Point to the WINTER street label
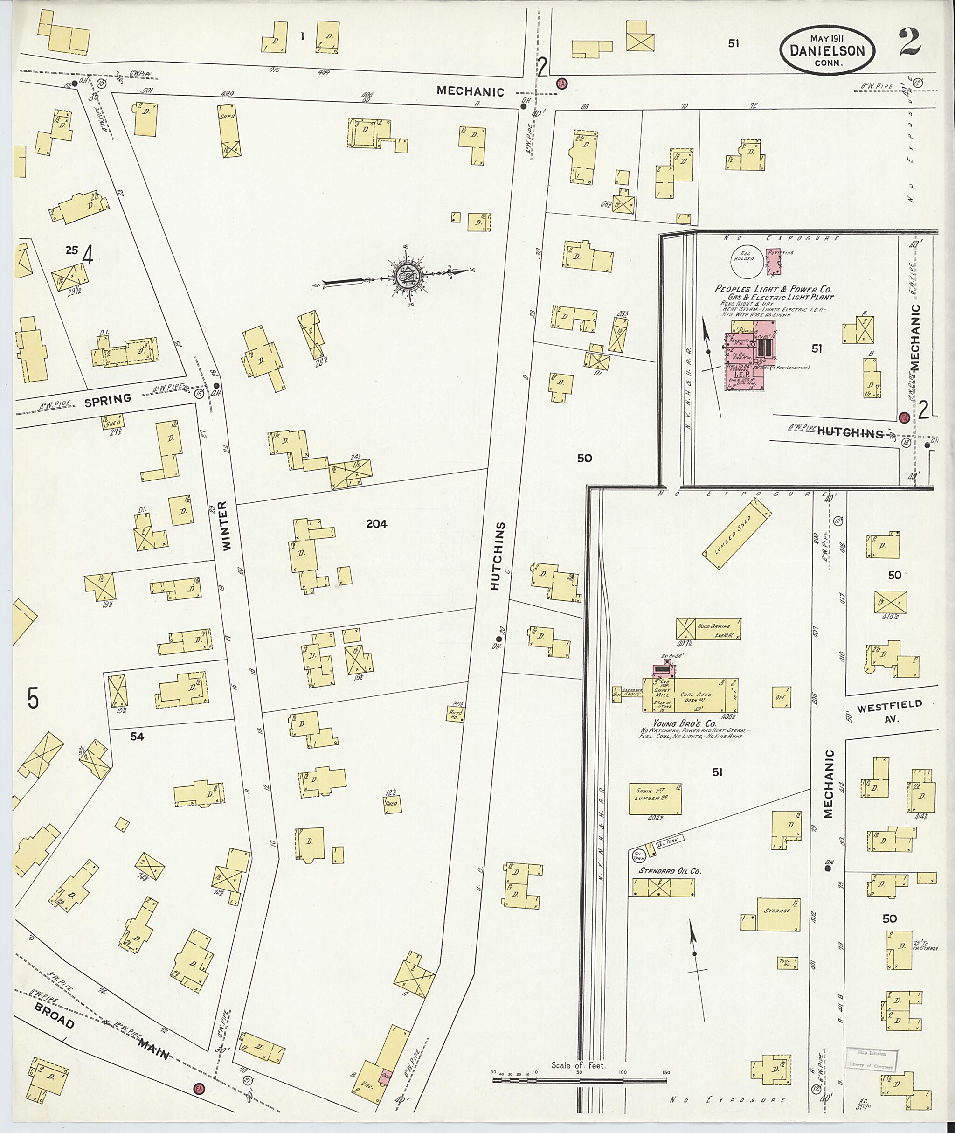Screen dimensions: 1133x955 coord(226,525)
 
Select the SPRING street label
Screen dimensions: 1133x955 coord(108,399)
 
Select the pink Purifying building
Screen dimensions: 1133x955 coord(774,261)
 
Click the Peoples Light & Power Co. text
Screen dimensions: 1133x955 coord(773,289)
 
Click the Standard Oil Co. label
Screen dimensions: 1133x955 coord(670,872)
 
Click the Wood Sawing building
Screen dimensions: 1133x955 coord(708,629)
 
